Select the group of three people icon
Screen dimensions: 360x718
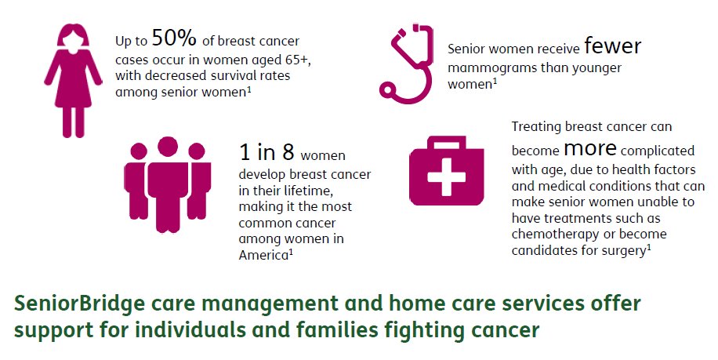point(168,185)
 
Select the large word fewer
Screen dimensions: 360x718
point(612,47)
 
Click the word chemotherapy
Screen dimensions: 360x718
point(556,234)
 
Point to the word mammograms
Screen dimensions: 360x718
point(490,67)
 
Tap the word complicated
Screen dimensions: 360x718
point(662,149)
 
